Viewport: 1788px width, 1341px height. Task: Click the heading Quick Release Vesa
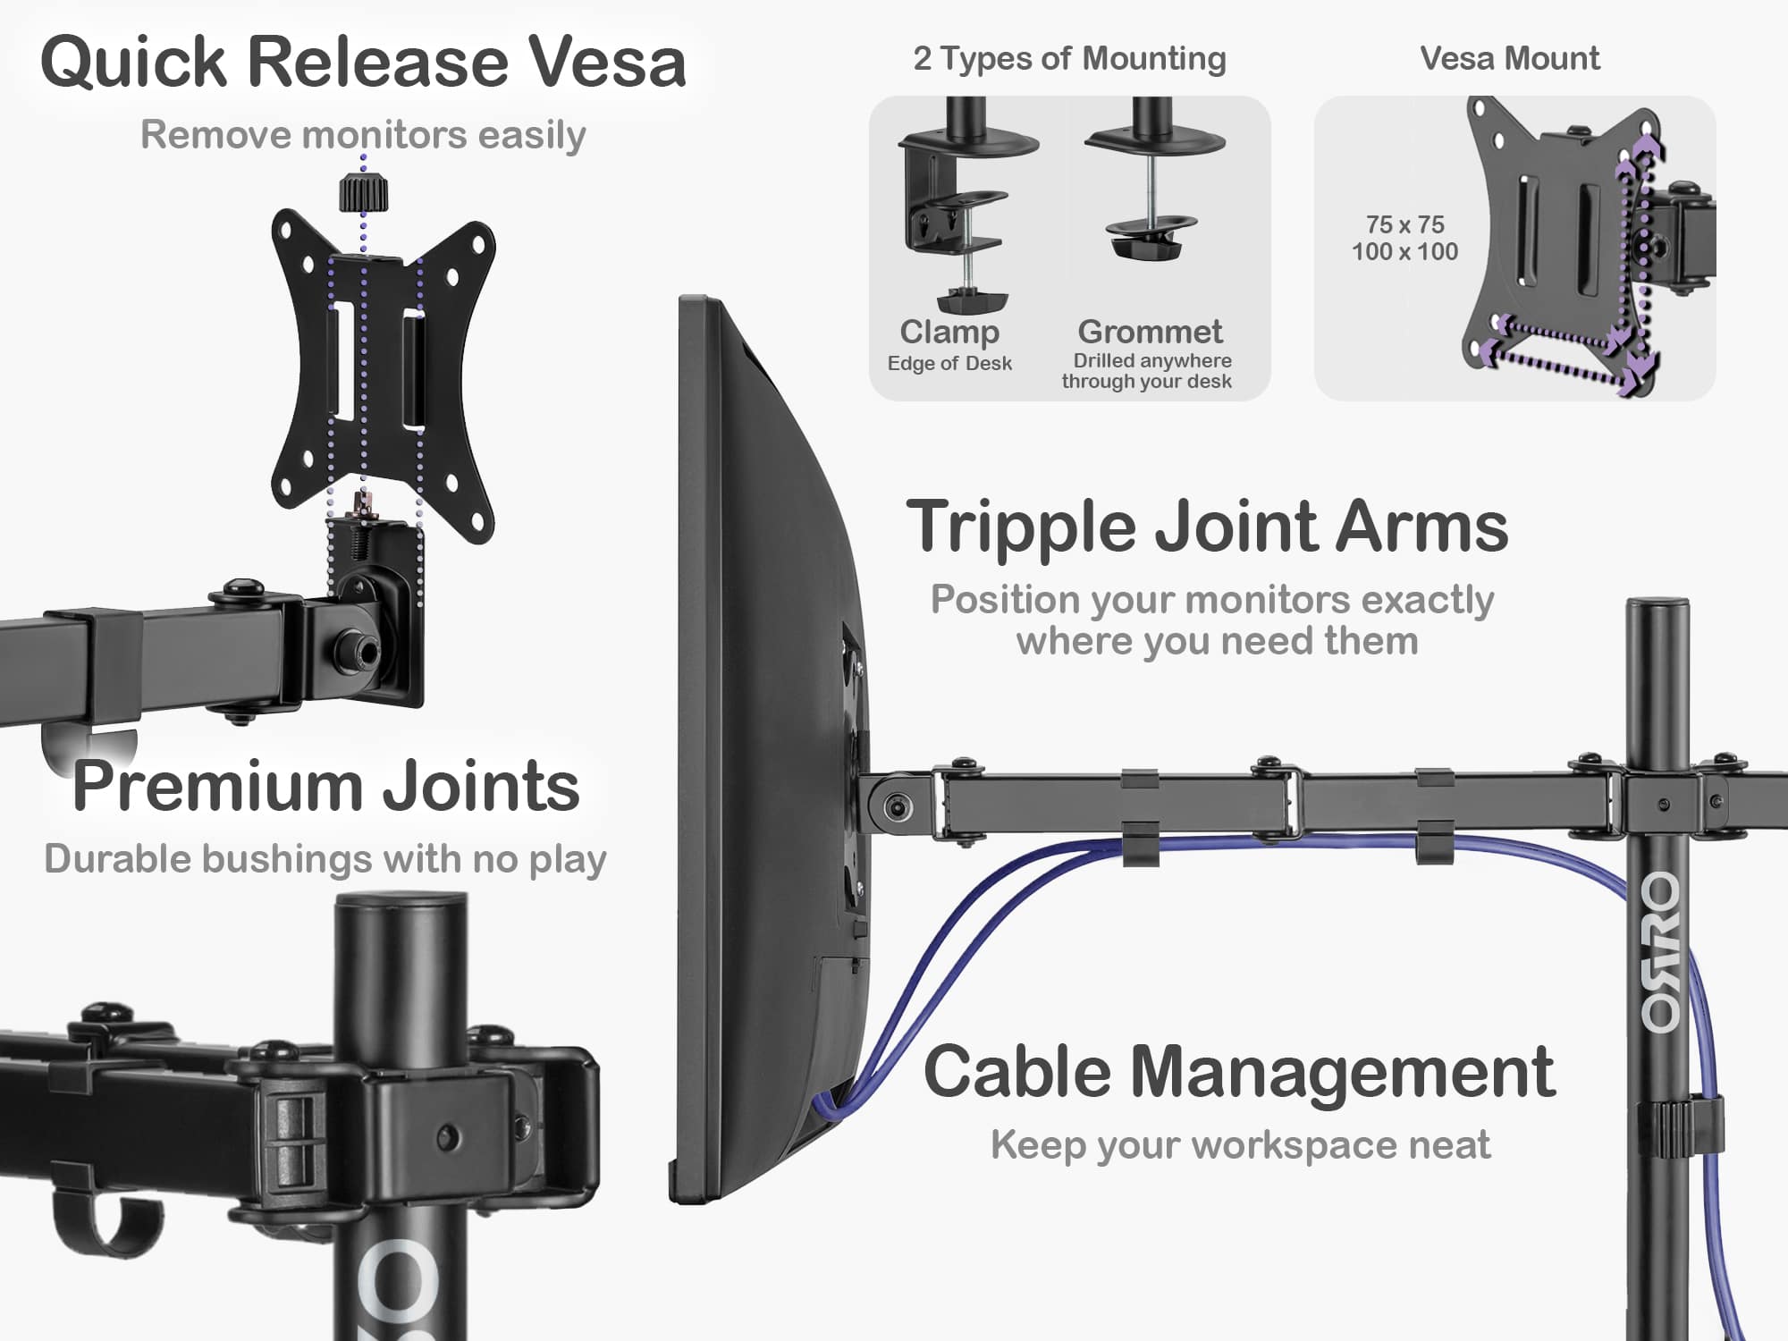point(363,63)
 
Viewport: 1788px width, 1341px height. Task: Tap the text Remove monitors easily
point(363,135)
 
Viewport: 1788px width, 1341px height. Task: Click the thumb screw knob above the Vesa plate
point(363,193)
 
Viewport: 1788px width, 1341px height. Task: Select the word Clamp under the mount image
point(949,333)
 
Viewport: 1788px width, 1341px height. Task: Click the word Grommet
point(1150,333)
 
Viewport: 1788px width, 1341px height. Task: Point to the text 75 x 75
point(1404,224)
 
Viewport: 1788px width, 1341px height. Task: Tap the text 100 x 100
point(1404,252)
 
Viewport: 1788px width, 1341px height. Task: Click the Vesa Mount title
point(1510,59)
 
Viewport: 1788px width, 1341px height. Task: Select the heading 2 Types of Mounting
point(1069,59)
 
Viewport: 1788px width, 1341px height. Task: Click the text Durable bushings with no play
point(325,859)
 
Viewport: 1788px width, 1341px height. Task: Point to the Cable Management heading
point(1239,1072)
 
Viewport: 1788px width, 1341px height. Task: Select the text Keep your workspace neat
point(1240,1145)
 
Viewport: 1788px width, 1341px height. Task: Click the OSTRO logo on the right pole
point(1661,952)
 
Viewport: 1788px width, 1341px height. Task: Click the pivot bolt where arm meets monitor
point(898,808)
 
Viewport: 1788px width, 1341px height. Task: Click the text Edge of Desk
point(949,364)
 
